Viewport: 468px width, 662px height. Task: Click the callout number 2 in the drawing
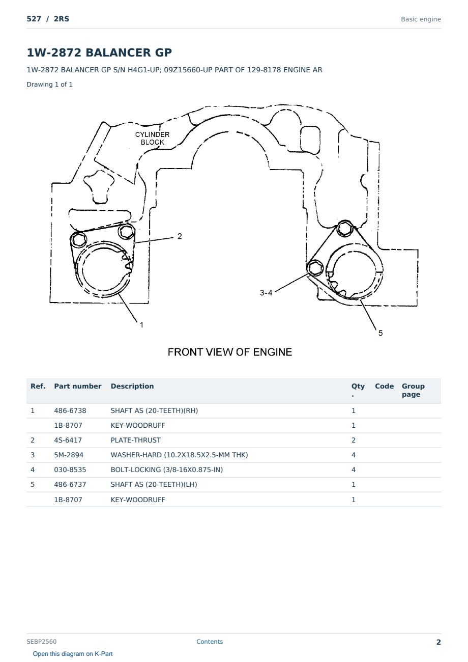coord(180,236)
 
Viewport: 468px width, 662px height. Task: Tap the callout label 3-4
coord(266,293)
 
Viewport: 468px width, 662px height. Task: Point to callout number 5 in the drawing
coord(381,333)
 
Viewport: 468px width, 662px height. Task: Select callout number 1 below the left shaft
coord(142,325)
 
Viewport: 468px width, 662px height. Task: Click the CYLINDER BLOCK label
coord(153,139)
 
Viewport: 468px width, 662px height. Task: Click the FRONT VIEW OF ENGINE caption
coord(230,352)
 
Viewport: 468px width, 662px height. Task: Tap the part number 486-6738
coord(70,410)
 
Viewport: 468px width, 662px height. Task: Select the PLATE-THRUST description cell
coord(135,440)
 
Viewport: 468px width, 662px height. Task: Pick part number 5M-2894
coord(69,455)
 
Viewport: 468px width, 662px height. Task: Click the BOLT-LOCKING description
coord(167,470)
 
